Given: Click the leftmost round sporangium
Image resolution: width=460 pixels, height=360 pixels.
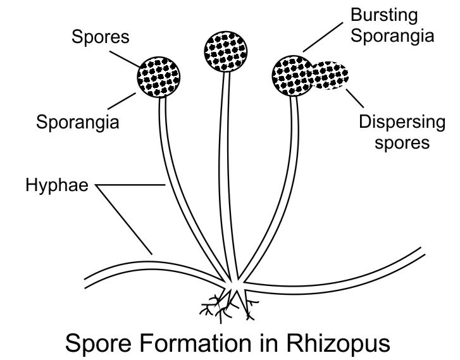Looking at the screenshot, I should (160, 77).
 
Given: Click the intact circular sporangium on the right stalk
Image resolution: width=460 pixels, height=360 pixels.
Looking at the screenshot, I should (292, 75).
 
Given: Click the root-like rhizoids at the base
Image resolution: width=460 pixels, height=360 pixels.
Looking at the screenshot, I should (225, 306).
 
